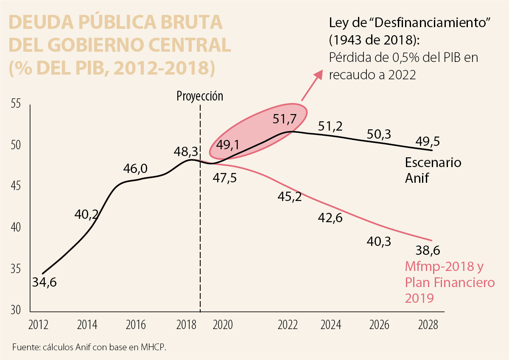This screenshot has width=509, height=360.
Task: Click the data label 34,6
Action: click(x=44, y=282)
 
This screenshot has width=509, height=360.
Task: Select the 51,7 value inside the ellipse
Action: click(x=285, y=119)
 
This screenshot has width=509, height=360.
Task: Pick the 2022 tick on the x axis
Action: click(x=288, y=325)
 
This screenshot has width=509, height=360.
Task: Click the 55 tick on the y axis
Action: click(x=15, y=104)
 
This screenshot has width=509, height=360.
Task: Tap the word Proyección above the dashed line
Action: click(x=200, y=96)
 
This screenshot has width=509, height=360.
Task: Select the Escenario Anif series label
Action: click(x=433, y=170)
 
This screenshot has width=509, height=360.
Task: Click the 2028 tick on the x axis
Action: click(x=428, y=325)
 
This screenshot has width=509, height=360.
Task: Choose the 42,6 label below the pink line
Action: click(x=330, y=218)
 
